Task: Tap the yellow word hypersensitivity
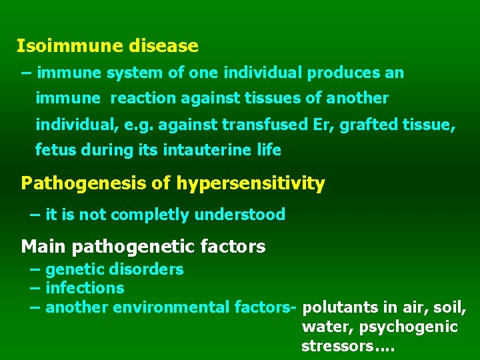[250, 183]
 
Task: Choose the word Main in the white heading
[44, 247]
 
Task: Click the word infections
[85, 288]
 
